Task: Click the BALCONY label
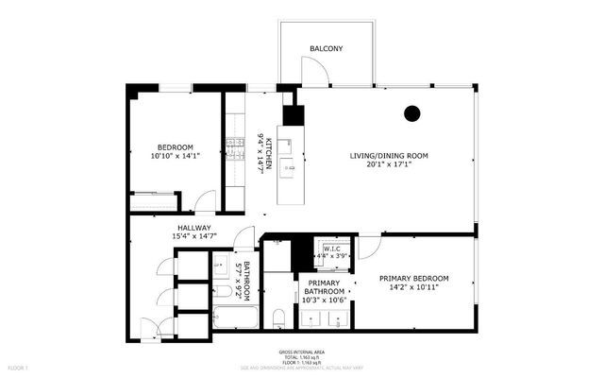click(326, 48)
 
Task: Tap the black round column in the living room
click(411, 113)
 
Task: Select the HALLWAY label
click(193, 228)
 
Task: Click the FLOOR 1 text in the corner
click(19, 366)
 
